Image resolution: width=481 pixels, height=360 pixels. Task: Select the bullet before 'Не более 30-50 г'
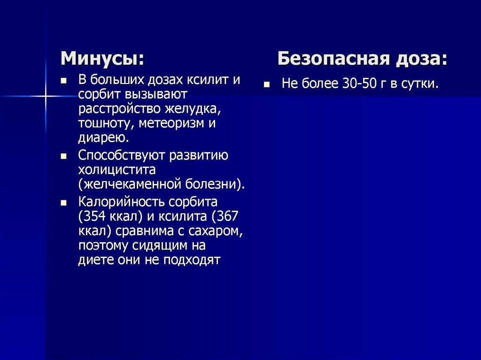(266, 85)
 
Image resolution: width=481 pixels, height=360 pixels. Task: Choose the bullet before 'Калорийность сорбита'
(63, 203)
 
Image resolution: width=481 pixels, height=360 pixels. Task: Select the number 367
(228, 217)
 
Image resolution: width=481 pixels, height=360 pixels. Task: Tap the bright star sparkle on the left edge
(46, 96)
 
